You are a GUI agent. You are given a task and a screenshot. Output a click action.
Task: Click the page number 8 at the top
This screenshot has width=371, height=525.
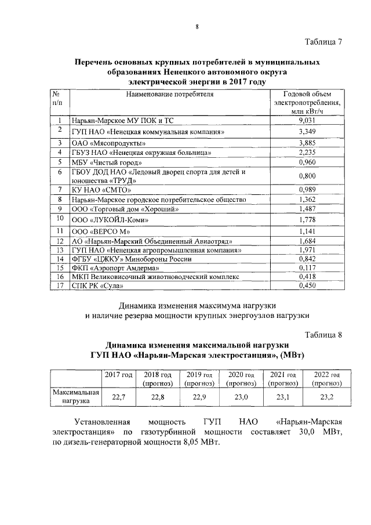197,27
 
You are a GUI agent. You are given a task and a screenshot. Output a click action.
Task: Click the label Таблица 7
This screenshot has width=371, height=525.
323,42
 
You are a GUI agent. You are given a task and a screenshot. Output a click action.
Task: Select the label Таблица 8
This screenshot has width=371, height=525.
323,335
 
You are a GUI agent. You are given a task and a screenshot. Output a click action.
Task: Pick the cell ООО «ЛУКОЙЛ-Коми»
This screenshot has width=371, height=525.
106,220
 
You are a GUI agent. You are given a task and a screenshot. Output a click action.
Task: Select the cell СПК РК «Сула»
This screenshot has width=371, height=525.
91,285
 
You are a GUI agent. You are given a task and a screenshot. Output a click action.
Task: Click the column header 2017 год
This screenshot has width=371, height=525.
119,375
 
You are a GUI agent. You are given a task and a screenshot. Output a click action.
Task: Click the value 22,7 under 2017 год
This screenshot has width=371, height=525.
119,397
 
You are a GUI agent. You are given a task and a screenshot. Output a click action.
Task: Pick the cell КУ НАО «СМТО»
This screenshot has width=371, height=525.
97,190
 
